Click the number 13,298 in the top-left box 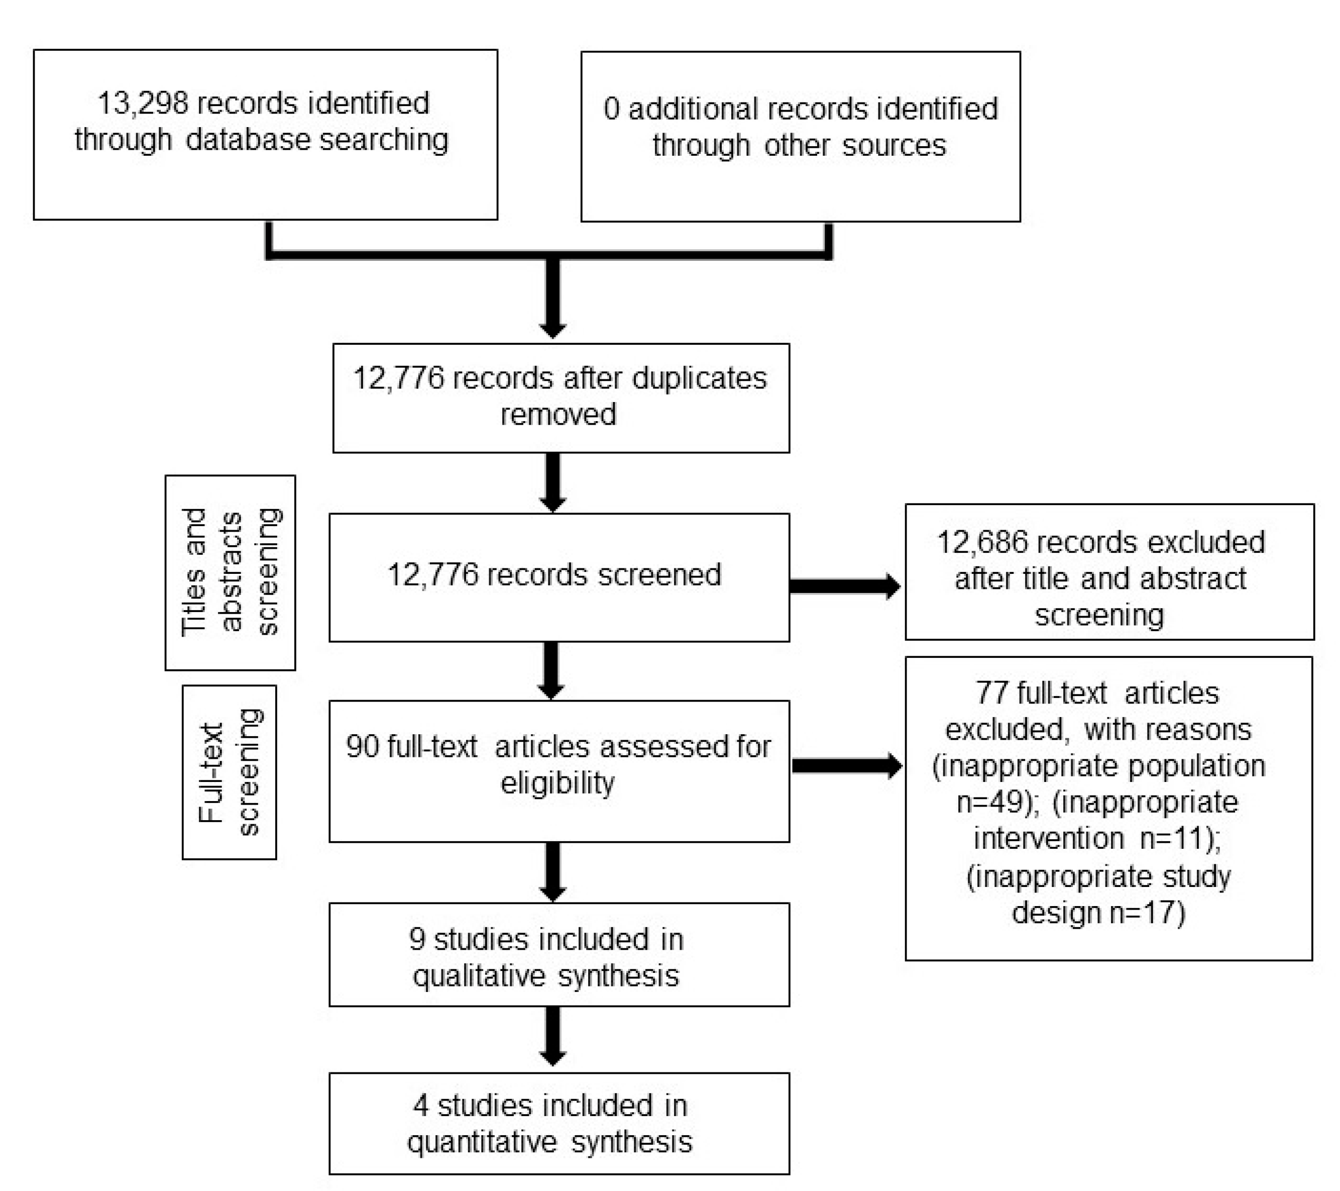coord(143,103)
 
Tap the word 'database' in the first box coord(247,140)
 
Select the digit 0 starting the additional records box coord(611,109)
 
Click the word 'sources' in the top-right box coord(894,145)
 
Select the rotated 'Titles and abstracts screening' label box coord(230,572)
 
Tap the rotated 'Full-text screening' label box coord(229,772)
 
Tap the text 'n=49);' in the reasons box coord(998,802)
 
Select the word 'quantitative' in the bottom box coord(482,1142)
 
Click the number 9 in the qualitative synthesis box coord(417,939)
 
